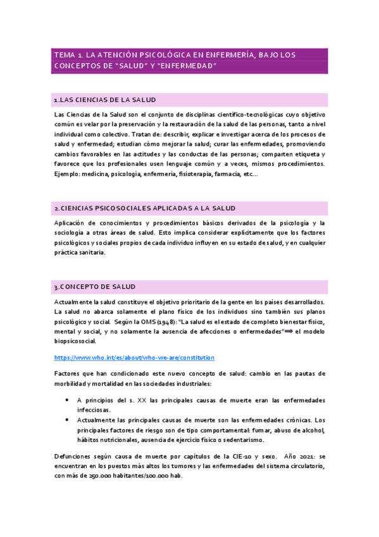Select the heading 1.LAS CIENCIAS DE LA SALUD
pyautogui.click(x=105, y=100)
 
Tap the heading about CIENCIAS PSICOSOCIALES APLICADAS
pyautogui.click(x=145, y=208)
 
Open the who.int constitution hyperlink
pyautogui.click(x=135, y=357)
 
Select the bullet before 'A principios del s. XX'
pyautogui.click(x=68, y=400)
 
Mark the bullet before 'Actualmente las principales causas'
pyautogui.click(x=68, y=420)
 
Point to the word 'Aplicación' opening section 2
pyautogui.click(x=73, y=223)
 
